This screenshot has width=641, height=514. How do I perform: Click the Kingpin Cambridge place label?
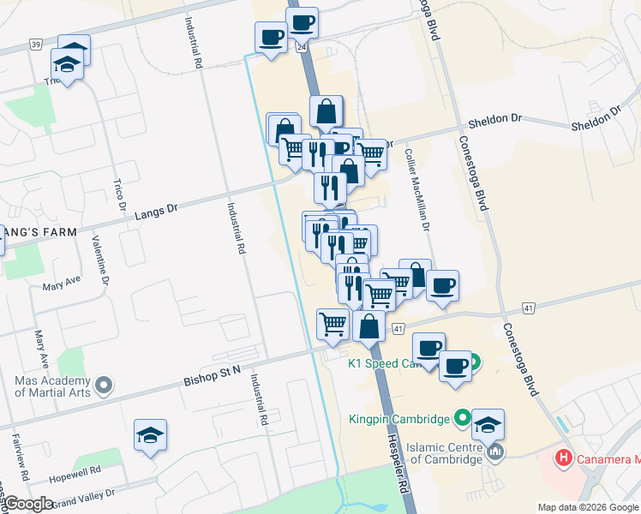click(x=399, y=420)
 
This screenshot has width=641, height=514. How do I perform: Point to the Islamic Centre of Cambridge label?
click(x=432, y=452)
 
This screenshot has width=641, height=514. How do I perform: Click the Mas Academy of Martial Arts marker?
click(x=105, y=386)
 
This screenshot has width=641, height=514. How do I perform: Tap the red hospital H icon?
click(x=563, y=458)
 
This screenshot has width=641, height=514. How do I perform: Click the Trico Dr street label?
click(x=120, y=196)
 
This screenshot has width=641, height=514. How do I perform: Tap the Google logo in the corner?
click(x=28, y=504)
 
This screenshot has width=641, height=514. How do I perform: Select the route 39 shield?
click(x=35, y=44)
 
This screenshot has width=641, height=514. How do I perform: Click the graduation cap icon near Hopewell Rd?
click(x=150, y=435)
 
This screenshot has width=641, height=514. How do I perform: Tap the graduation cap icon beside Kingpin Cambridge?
click(x=488, y=424)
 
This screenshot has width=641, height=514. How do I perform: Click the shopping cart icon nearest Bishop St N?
click(x=332, y=324)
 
